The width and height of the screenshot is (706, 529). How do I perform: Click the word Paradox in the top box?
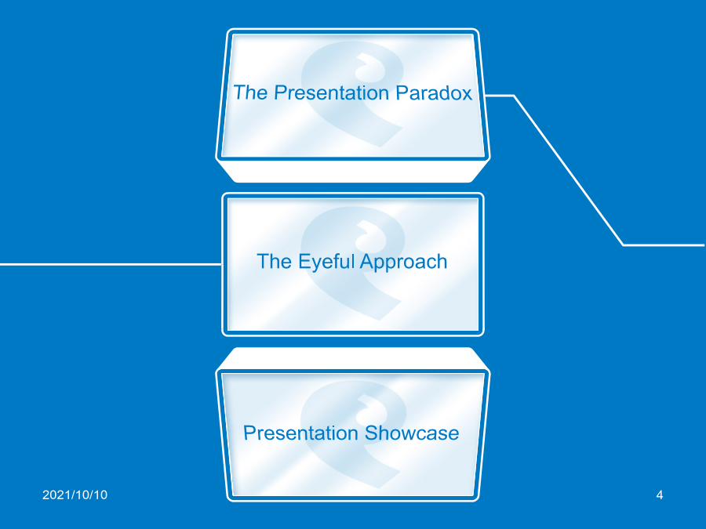(x=434, y=92)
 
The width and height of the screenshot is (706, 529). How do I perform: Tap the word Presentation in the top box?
(x=331, y=92)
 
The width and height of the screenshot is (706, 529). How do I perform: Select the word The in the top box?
(x=250, y=92)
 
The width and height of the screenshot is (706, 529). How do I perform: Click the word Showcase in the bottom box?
(x=412, y=433)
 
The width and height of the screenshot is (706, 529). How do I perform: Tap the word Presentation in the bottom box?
(x=300, y=433)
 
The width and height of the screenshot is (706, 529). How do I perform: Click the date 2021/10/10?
(x=75, y=495)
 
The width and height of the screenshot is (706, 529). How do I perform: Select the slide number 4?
(x=660, y=495)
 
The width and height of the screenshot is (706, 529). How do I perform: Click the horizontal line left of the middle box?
(x=111, y=264)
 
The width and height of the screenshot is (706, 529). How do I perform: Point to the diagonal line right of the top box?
(x=569, y=171)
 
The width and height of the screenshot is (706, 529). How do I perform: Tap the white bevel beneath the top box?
(x=352, y=171)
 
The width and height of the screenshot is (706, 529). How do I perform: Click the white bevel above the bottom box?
(x=352, y=358)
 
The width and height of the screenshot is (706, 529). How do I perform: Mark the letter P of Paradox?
(x=402, y=92)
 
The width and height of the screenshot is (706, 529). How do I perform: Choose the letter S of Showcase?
(x=371, y=433)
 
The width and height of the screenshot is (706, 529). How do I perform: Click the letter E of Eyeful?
(x=304, y=261)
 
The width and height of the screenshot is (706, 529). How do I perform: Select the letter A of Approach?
(x=367, y=261)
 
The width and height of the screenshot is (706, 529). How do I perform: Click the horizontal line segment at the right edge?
(x=664, y=245)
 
